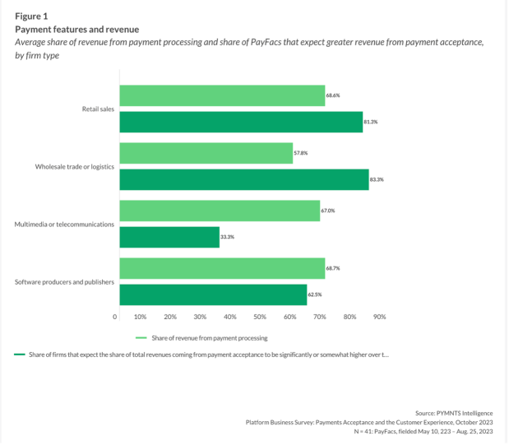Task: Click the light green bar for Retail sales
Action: coord(222,96)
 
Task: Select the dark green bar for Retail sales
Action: coord(241,122)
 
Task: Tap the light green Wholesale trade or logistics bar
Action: coord(206,153)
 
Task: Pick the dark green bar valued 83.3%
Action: coord(244,178)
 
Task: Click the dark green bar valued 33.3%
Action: coord(169,237)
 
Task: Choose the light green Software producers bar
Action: coord(222,268)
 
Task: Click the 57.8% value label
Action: coord(301,153)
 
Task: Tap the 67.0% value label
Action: coord(327,211)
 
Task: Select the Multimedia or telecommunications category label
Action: coord(64,225)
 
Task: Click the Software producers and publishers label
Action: coord(64,282)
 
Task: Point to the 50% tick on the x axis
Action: coord(260,316)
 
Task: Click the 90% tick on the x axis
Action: coord(379,316)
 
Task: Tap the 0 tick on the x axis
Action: coord(115,316)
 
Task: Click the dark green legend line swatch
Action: coord(19,355)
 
